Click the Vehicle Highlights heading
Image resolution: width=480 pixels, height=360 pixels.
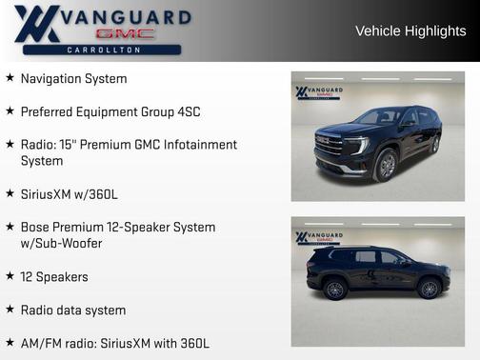pyautogui.click(x=410, y=30)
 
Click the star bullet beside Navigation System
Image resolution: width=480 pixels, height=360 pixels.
pyautogui.click(x=10, y=78)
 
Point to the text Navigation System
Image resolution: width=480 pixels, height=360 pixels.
pyautogui.click(x=73, y=78)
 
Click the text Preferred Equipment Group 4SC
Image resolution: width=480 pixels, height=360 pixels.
pyautogui.click(x=110, y=111)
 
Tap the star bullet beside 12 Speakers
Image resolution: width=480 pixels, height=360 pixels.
pyautogui.click(x=10, y=276)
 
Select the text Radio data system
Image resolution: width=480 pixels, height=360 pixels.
pyautogui.click(x=73, y=310)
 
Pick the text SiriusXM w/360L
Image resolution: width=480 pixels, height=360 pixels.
pyautogui.click(x=70, y=194)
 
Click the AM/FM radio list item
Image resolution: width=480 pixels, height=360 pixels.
pyautogui.click(x=115, y=343)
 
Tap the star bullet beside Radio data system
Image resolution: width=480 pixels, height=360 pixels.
pyautogui.click(x=10, y=310)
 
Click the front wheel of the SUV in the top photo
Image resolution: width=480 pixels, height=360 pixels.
pyautogui.click(x=387, y=166)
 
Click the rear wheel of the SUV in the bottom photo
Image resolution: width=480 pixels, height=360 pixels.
pyautogui.click(x=334, y=289)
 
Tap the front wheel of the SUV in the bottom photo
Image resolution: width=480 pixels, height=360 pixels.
pyautogui.click(x=429, y=288)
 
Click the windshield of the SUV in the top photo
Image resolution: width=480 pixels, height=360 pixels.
pyautogui.click(x=380, y=117)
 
